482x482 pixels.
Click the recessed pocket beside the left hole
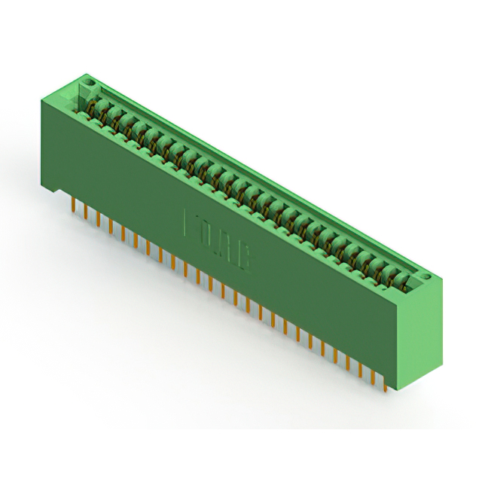click(78, 95)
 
